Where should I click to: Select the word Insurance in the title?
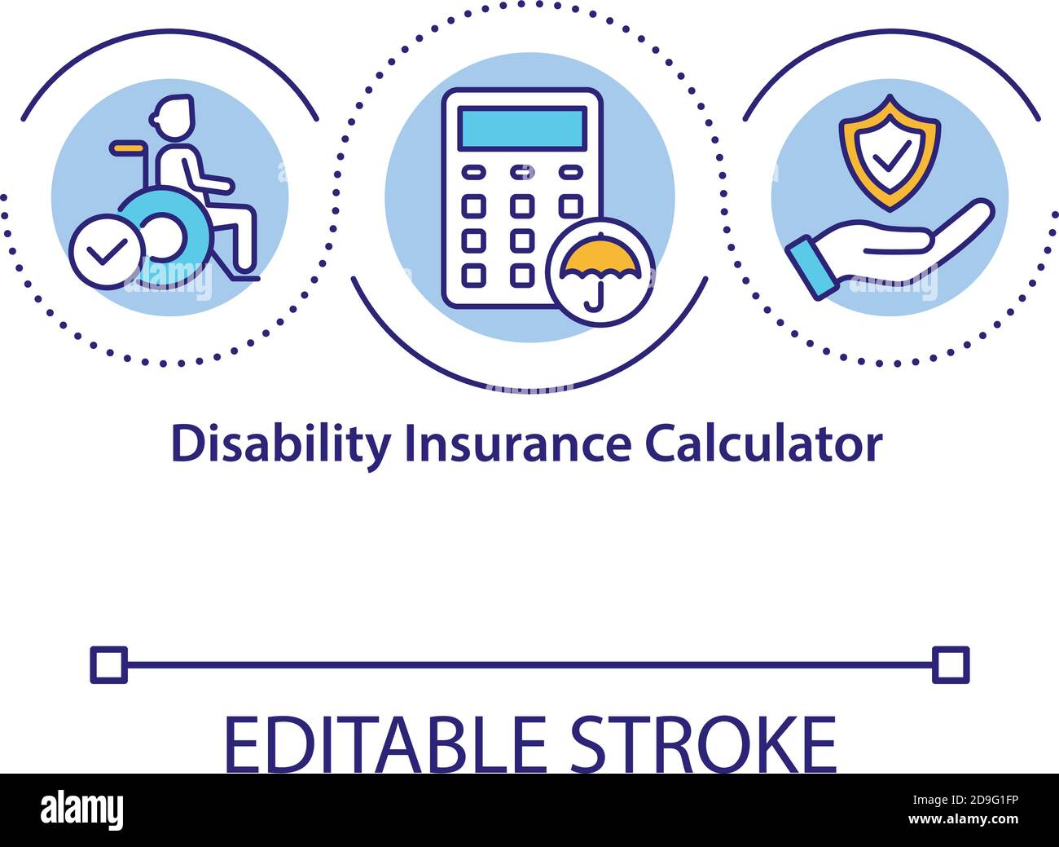click(518, 445)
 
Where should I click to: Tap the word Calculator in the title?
click(764, 444)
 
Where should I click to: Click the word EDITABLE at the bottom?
click(386, 744)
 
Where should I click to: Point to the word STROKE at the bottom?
click(703, 744)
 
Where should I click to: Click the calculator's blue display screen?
click(522, 128)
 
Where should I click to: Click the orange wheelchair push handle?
click(127, 148)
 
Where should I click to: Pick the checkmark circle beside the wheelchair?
click(106, 251)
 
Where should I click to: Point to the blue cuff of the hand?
click(811, 268)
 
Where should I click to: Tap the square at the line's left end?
click(109, 664)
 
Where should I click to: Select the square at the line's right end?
click(951, 664)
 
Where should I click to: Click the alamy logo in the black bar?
click(81, 810)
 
